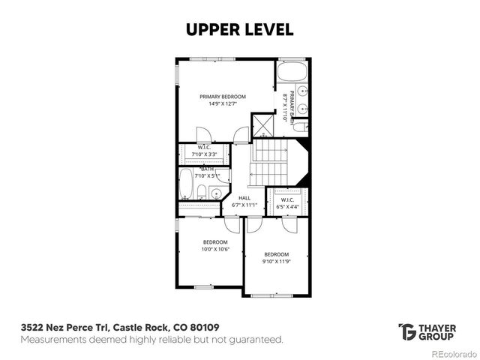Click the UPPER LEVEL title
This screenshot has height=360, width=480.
pyautogui.click(x=239, y=29)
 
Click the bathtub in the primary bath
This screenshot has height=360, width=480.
pyautogui.click(x=292, y=72)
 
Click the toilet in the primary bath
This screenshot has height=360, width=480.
pyautogui.click(x=299, y=127)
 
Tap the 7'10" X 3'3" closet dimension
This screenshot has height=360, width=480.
pyautogui.click(x=204, y=154)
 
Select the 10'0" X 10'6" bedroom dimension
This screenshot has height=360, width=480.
pyautogui.click(x=215, y=249)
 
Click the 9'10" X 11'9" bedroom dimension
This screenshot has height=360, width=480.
pyautogui.click(x=277, y=262)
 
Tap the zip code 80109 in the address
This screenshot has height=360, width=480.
pyautogui.click(x=204, y=328)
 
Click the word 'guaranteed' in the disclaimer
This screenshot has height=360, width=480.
pyautogui.click(x=256, y=340)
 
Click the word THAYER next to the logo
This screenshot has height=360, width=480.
pyautogui.click(x=437, y=327)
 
